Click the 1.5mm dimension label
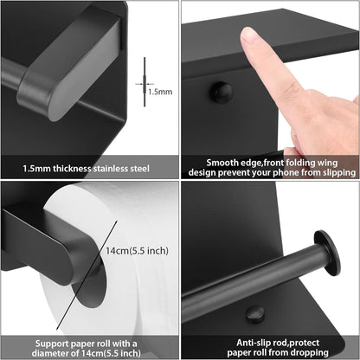160,92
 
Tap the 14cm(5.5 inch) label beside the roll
137,250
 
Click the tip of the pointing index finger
248,34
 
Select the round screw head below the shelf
221,92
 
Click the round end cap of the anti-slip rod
327,253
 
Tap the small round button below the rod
255,314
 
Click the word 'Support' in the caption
52,344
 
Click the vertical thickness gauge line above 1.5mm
145,82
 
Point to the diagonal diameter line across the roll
87,275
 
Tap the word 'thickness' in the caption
72,169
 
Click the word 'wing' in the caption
327,164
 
